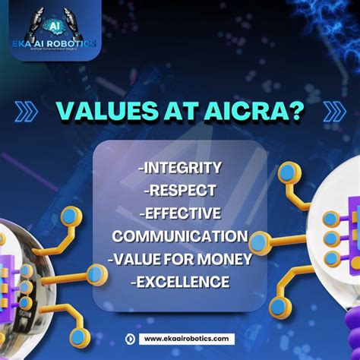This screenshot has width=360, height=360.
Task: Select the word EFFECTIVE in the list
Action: (x=184, y=213)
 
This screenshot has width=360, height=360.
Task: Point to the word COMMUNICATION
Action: (x=180, y=236)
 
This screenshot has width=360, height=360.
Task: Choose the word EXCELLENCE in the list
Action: (x=180, y=282)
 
